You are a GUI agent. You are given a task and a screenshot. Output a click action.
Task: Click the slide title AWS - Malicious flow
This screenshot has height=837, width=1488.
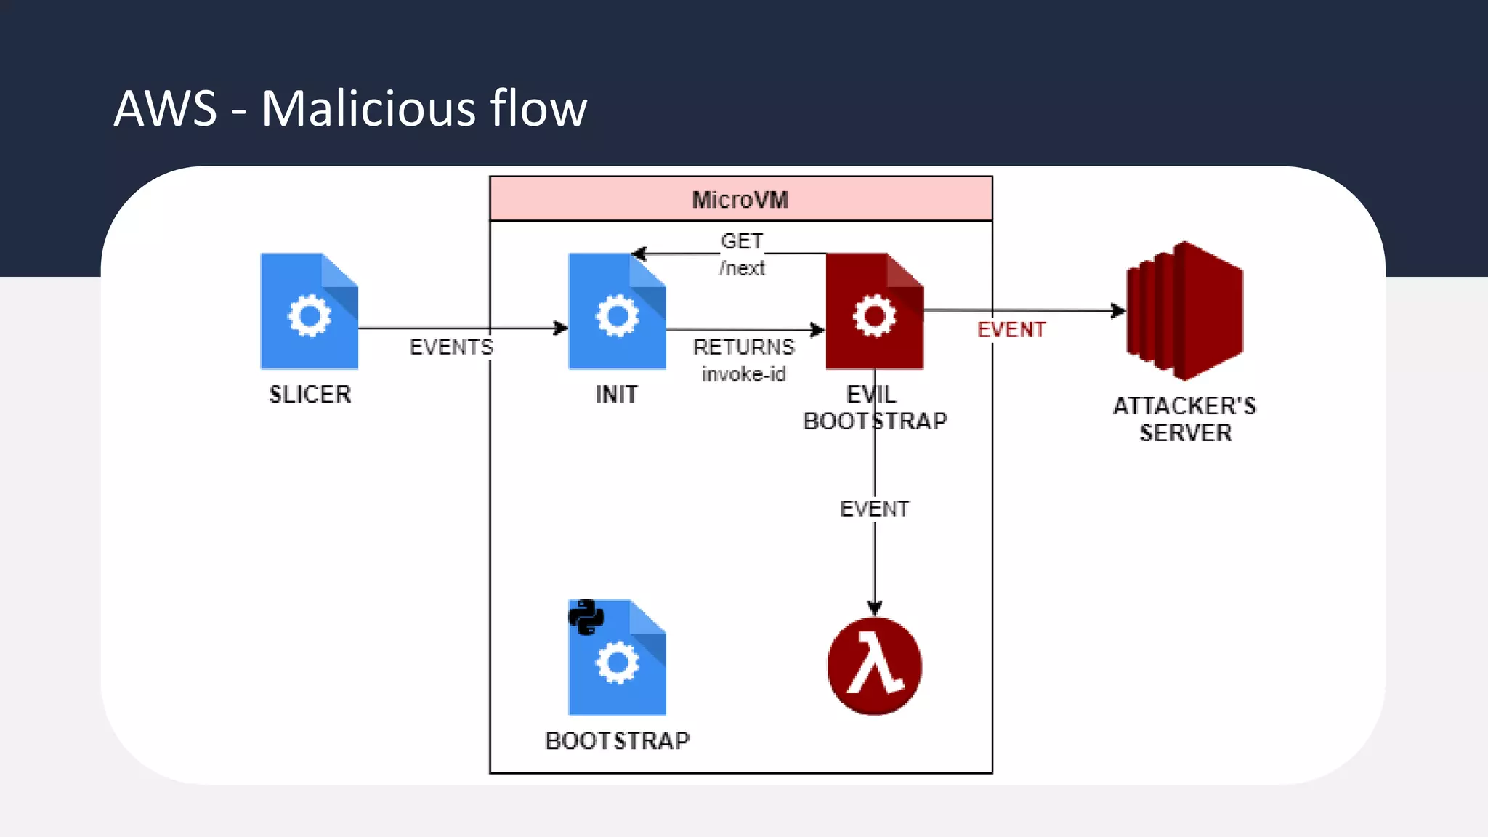(x=350, y=108)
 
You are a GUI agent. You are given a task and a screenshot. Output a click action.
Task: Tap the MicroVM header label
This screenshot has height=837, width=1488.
(x=740, y=200)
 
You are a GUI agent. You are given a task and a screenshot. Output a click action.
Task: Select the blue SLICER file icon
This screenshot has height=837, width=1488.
(x=310, y=311)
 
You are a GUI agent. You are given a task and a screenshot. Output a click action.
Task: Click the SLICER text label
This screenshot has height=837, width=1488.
(x=310, y=395)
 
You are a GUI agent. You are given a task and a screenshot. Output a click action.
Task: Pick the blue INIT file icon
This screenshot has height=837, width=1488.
(x=617, y=311)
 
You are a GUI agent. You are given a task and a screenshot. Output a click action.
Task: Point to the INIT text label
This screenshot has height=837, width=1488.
(x=617, y=395)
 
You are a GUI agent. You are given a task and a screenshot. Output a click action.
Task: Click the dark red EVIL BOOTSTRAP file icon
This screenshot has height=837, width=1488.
(x=874, y=311)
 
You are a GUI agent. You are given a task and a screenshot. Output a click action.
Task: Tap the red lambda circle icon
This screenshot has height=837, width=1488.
(x=874, y=666)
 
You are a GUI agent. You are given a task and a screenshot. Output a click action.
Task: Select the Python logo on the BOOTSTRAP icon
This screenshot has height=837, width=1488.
(x=586, y=617)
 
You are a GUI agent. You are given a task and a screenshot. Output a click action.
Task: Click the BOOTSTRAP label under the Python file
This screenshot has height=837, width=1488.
(x=617, y=741)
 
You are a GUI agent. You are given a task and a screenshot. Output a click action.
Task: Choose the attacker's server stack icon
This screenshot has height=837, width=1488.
(x=1184, y=311)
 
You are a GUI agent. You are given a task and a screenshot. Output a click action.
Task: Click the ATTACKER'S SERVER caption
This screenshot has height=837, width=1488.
(x=1184, y=419)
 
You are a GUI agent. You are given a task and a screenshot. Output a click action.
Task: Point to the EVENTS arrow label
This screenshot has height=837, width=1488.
(x=451, y=347)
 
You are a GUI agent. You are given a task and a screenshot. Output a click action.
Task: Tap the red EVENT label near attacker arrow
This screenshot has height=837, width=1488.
(x=1011, y=330)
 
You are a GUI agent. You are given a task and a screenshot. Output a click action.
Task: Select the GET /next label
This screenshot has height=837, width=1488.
(x=742, y=254)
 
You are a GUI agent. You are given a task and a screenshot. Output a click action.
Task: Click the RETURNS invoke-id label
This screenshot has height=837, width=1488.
(x=743, y=360)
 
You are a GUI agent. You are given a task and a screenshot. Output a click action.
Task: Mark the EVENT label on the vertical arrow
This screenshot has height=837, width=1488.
(x=874, y=509)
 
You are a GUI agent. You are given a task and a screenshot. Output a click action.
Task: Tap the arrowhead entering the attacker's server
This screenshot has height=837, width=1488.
(x=1119, y=311)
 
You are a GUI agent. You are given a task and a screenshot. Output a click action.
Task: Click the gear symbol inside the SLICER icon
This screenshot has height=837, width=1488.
(x=310, y=316)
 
